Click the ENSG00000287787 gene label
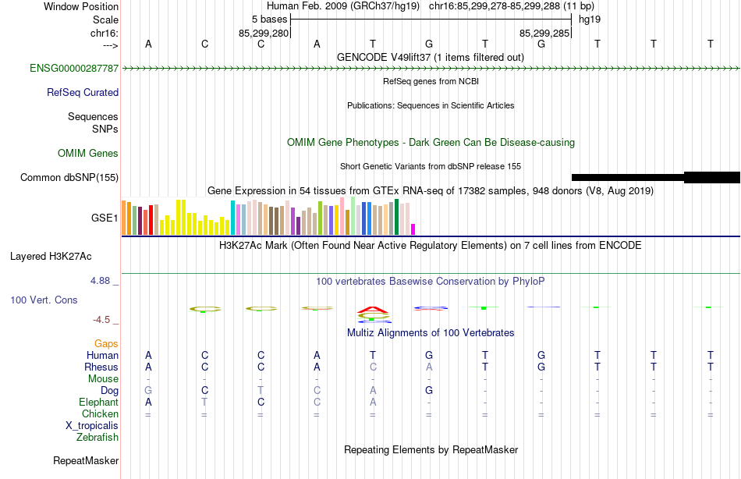[74, 68]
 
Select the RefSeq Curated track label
[83, 92]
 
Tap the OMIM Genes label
[88, 153]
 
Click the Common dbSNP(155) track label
[69, 177]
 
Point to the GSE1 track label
[105, 218]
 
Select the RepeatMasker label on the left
[86, 460]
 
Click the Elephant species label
[98, 402]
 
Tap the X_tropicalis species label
[92, 425]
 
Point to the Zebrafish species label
[97, 437]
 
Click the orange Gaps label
[106, 343]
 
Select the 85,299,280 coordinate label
[264, 33]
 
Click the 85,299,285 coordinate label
[544, 33]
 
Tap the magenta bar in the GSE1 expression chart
[413, 229]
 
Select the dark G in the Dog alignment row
[429, 390]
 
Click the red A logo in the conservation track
[373, 309]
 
